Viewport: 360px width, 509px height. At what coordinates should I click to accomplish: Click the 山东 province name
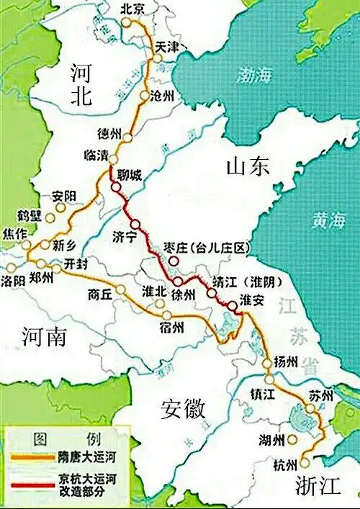click(247, 166)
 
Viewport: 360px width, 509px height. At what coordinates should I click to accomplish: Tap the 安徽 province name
click(183, 408)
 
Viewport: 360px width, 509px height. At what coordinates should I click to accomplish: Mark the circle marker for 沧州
click(145, 96)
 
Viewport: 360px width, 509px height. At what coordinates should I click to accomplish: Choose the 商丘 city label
click(100, 294)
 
